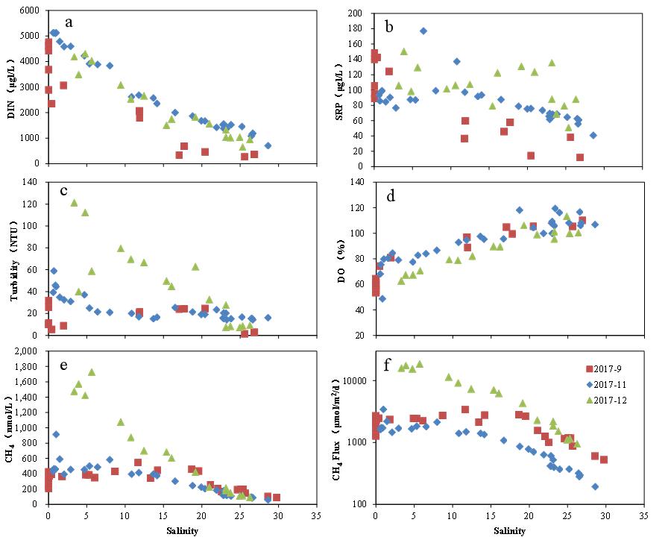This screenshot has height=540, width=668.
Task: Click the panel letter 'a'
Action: point(69,22)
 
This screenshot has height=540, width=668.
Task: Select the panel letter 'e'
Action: point(69,367)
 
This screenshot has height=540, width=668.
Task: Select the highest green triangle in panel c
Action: point(74,202)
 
